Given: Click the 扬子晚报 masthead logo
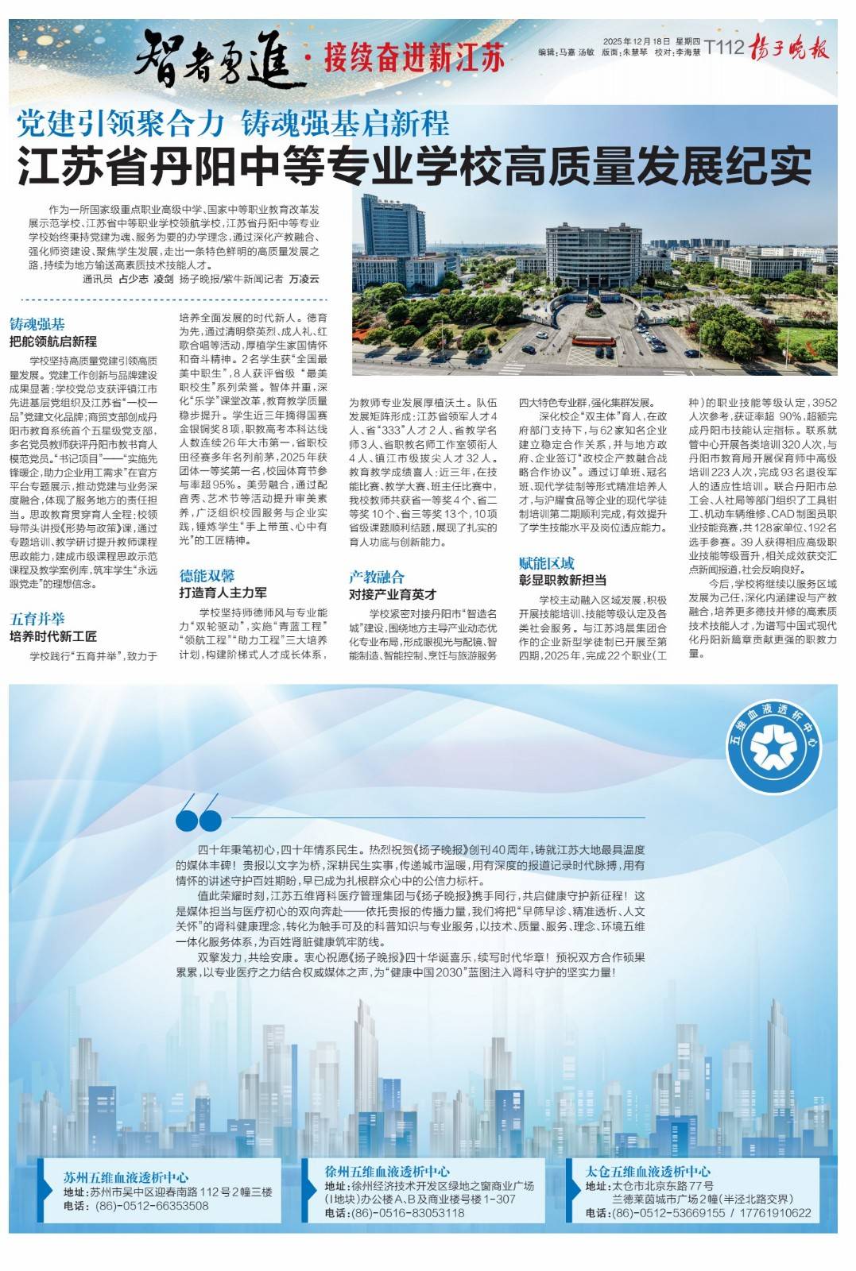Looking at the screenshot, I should tap(790, 49).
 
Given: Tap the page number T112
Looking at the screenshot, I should tap(724, 48).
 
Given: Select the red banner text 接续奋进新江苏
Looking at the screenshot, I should tap(413, 58).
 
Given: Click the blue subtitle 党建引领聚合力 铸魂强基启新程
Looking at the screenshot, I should tap(234, 124).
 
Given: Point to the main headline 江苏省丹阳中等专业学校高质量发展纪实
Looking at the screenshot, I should tap(414, 165).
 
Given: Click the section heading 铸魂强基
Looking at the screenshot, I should tap(37, 324).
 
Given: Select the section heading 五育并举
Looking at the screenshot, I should tap(37, 619).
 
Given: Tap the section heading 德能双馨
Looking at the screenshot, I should tap(207, 575).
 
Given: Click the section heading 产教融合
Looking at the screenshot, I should tap(377, 577).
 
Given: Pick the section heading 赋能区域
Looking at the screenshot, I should tap(547, 563).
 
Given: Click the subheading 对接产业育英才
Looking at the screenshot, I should tap(393, 594).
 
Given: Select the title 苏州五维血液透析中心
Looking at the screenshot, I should tap(126, 1177).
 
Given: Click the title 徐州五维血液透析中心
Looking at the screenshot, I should tap(387, 1171).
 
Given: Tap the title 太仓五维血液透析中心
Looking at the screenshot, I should tap(648, 1171).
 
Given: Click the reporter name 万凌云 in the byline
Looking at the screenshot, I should tap(304, 279).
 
